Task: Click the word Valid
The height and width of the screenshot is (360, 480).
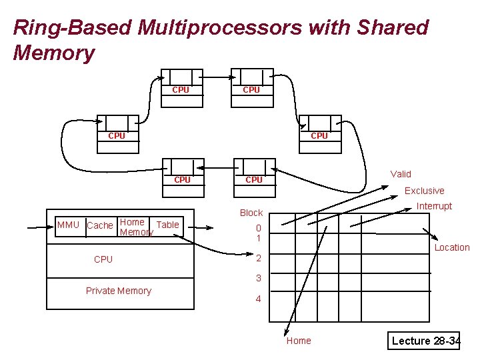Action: click(401, 174)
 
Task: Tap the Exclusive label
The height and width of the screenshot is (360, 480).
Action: click(424, 191)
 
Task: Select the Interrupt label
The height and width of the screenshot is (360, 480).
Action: click(434, 206)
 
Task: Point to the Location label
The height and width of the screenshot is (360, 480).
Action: click(452, 247)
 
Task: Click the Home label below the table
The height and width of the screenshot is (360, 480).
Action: click(299, 341)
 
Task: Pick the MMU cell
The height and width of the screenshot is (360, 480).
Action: click(71, 226)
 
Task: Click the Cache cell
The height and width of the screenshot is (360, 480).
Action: click(101, 226)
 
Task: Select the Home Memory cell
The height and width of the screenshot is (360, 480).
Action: click(133, 227)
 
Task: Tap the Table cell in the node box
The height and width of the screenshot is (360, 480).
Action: click(167, 226)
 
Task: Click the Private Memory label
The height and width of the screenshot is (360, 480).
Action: click(119, 291)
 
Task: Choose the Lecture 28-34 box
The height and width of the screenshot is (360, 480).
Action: click(424, 341)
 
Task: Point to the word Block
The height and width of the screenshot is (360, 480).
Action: click(251, 213)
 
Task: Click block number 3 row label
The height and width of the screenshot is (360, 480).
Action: click(259, 278)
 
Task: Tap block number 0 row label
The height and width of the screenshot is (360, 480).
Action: click(259, 228)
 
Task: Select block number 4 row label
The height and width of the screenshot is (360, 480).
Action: click(259, 299)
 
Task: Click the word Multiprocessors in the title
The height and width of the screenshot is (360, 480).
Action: click(220, 28)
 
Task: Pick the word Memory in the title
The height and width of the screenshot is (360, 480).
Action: click(54, 53)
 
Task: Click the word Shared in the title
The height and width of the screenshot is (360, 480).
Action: click(393, 27)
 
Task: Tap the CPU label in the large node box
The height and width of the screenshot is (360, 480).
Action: click(103, 259)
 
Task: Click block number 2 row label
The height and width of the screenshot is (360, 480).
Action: click(259, 258)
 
